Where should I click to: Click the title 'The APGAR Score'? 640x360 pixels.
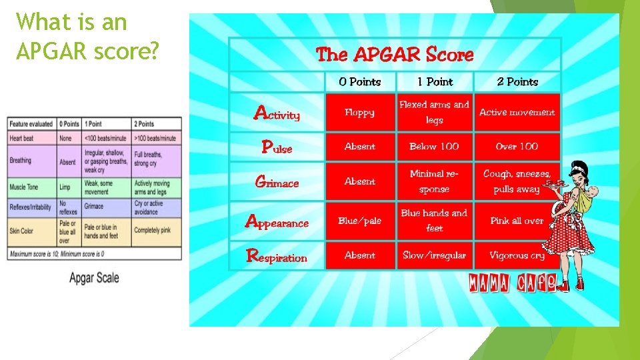click(395, 55)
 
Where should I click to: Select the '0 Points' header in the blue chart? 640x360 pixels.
click(359, 82)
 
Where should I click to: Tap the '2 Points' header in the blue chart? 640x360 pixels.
click(517, 82)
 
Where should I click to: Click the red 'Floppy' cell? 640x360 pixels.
click(359, 113)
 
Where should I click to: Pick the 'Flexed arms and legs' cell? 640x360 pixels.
click(434, 113)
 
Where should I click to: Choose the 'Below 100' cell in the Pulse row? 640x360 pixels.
click(434, 147)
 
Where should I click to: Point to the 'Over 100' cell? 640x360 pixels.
click(517, 147)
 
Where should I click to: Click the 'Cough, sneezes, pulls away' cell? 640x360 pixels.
click(517, 181)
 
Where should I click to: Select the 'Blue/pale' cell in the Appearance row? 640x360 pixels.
click(359, 221)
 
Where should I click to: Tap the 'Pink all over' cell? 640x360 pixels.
click(517, 221)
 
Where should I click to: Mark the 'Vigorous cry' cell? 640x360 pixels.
click(517, 255)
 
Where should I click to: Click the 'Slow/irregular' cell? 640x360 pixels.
click(434, 255)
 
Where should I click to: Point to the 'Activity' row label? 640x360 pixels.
click(277, 113)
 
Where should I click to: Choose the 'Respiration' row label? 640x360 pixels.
click(277, 256)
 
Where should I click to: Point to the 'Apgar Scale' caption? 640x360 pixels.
click(94, 277)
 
